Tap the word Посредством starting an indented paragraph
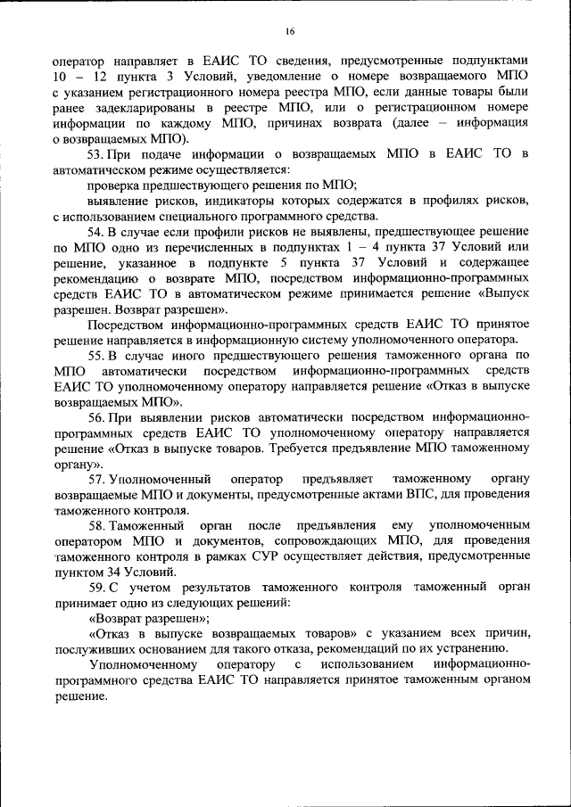(x=131, y=325)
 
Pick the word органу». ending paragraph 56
(x=79, y=464)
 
